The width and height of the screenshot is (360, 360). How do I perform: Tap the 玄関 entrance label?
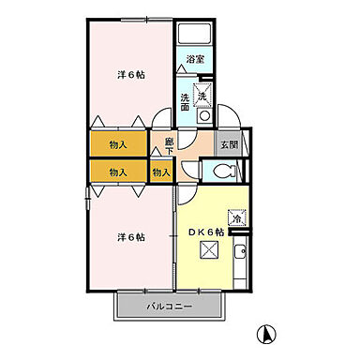click(228, 144)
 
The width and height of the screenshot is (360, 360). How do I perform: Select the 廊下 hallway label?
click(169, 145)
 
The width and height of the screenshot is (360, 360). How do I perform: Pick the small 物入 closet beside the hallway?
click(161, 172)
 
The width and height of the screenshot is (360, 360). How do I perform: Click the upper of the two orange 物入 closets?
click(118, 144)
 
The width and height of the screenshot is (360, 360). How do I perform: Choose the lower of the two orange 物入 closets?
click(118, 172)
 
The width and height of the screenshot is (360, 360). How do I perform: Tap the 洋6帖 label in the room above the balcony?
click(130, 236)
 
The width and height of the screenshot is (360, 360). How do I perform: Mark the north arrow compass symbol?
click(265, 332)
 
